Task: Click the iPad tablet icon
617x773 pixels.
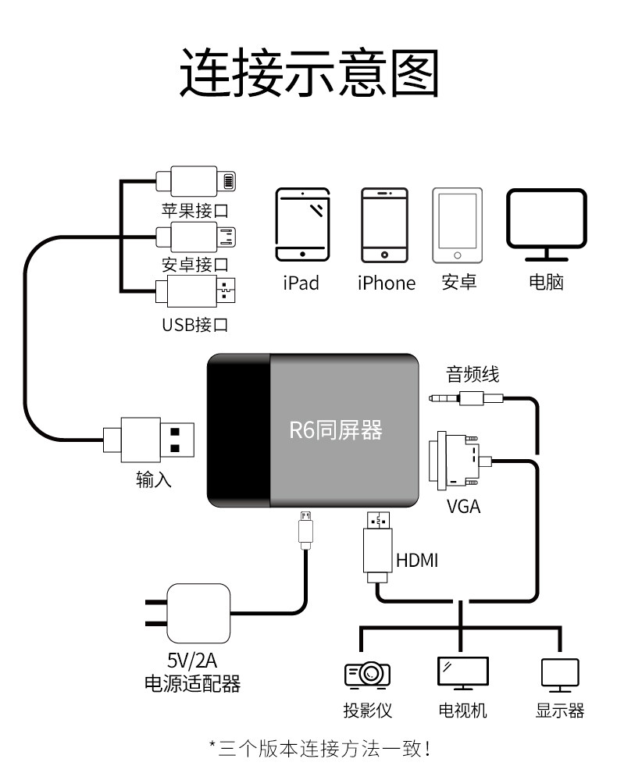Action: (302, 224)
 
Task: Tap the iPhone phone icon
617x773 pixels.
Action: (384, 224)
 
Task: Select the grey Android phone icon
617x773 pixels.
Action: (457, 224)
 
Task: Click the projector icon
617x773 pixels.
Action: (367, 673)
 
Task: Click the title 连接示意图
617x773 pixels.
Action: (308, 72)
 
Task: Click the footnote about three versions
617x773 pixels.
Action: (320, 750)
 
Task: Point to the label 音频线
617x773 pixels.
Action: (472, 375)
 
